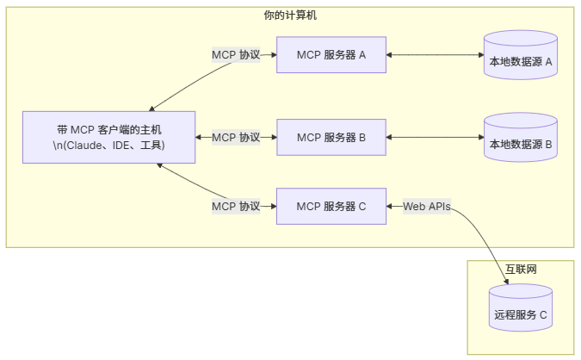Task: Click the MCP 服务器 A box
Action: pyautogui.click(x=331, y=55)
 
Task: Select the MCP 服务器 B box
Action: pyautogui.click(x=331, y=137)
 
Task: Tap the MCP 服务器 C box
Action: pyautogui.click(x=331, y=206)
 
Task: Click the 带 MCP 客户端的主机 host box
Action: pyautogui.click(x=108, y=137)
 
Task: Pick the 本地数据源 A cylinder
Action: pyautogui.click(x=520, y=57)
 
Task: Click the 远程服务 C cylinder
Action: pyautogui.click(x=520, y=310)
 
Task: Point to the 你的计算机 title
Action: pyautogui.click(x=290, y=16)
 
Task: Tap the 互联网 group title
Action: pyautogui.click(x=520, y=269)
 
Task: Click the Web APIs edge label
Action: pyautogui.click(x=426, y=206)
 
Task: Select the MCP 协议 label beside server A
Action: pyautogui.click(x=236, y=55)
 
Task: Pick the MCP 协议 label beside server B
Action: pyautogui.click(x=236, y=137)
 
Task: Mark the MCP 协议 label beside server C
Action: pyautogui.click(x=236, y=206)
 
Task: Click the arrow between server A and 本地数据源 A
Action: pyautogui.click(x=435, y=55)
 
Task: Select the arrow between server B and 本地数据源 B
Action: pyautogui.click(x=435, y=137)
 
